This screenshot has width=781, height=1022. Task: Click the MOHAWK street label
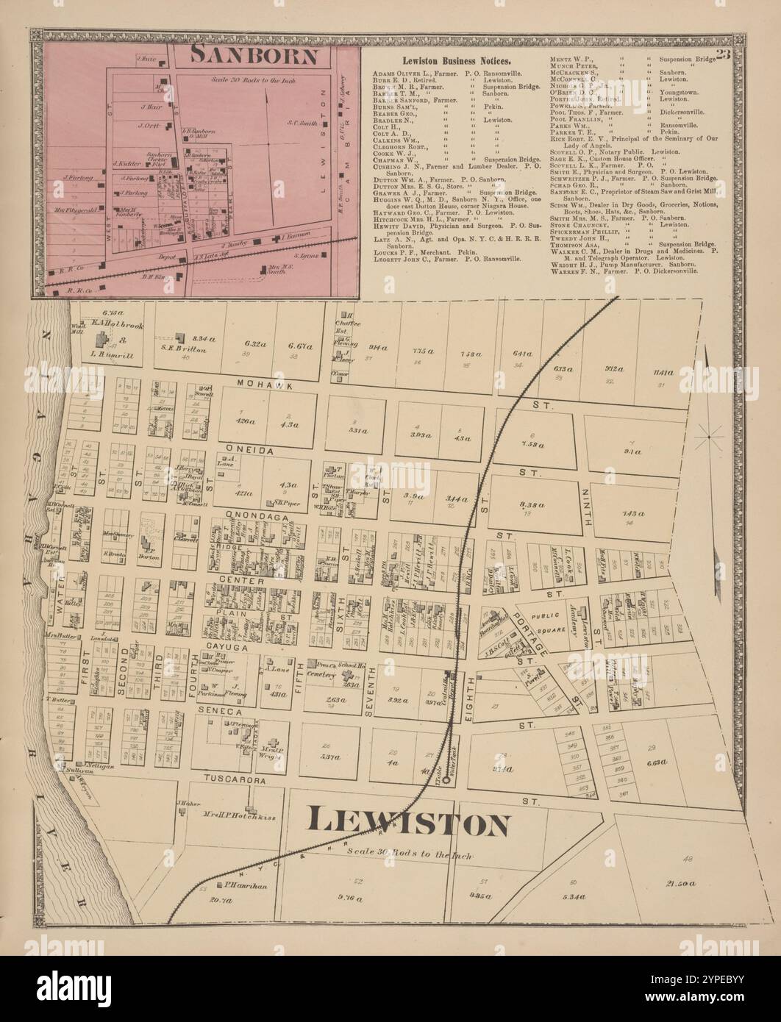tap(255, 384)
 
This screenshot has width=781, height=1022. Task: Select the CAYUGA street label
tap(227, 646)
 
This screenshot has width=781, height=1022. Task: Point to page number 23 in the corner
tap(723, 53)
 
